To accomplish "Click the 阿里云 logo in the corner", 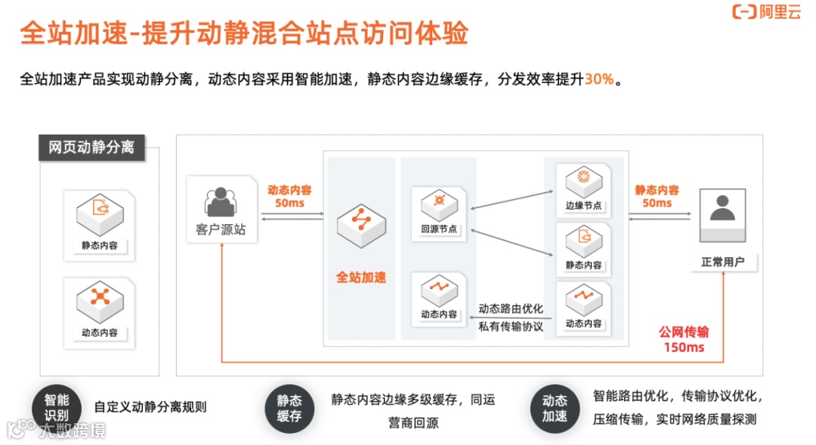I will coord(766,12).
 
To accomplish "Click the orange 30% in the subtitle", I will coord(598,79).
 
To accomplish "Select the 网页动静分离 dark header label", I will coord(91,147).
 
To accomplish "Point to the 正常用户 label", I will coord(723,262).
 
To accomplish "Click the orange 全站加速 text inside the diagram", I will coord(361,277).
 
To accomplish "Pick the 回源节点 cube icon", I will coord(439,204).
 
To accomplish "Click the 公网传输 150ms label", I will coord(684,340).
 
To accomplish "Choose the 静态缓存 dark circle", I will coord(289,409).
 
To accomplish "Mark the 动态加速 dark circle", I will coord(554,409).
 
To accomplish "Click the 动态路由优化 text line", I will coord(511,309).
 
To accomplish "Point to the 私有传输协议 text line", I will coord(511,326).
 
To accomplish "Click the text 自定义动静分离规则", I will coord(150,407).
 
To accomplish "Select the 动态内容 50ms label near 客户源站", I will coord(289,197).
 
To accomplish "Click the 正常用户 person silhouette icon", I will coord(722,208).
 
